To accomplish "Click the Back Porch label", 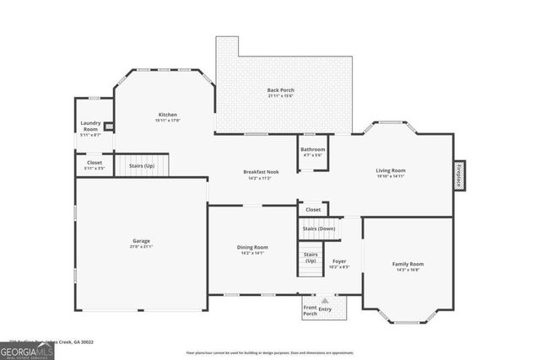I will pos(280,89).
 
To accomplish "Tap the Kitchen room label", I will pos(167,115).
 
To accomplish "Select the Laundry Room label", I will pos(90,126).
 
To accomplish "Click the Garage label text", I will pos(141,241).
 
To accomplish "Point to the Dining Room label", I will pos(252,247).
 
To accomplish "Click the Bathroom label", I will pos(311,149).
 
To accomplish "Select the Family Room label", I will pos(408,264).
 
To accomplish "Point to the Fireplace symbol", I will pos(459,176).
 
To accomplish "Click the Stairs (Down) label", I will pos(318,228).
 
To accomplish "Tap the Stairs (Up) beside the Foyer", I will pos(310,257).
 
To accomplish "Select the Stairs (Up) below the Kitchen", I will pos(142,166).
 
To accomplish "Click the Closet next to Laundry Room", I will pos(94,163).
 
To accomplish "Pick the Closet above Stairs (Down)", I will pos(312,209).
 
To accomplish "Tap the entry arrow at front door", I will pos(325,301).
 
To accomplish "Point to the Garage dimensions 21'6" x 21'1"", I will pos(141,247).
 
